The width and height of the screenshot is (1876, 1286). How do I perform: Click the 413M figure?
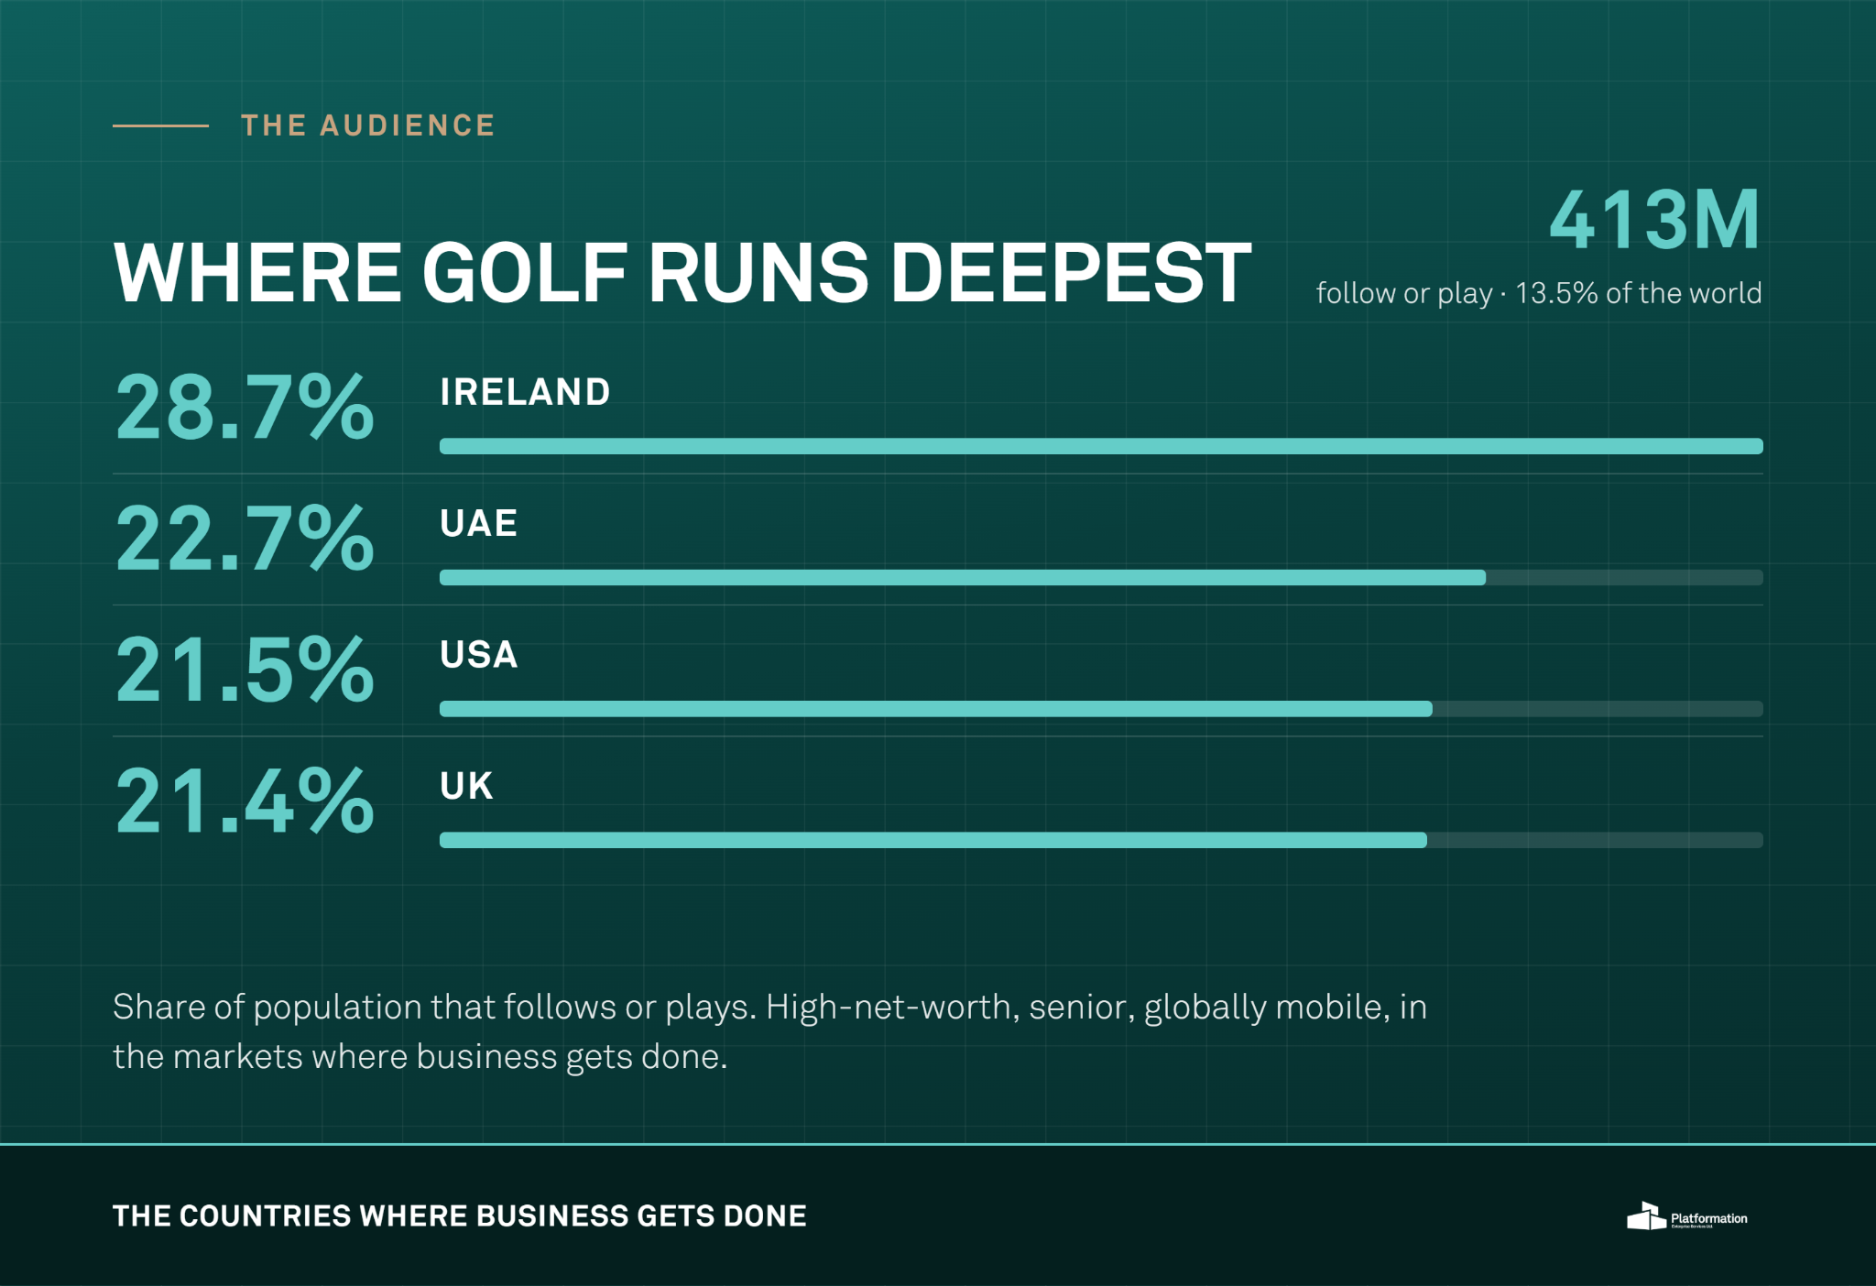tap(1654, 220)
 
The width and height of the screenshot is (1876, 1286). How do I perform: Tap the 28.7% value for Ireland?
tap(245, 408)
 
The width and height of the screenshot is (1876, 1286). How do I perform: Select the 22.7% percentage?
tap(245, 539)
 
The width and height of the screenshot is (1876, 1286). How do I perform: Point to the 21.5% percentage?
tap(245, 670)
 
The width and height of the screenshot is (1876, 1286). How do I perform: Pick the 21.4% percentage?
tap(245, 801)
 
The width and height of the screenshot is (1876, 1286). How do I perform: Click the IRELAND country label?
tap(525, 392)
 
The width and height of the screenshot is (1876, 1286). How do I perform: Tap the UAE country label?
tap(478, 523)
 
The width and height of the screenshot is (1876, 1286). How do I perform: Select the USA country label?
tap(478, 654)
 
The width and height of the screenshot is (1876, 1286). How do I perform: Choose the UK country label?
tap(466, 786)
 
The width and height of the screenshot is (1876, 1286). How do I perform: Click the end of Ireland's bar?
tap(1761, 446)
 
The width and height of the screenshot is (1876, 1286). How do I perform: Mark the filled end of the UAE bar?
tap(1484, 577)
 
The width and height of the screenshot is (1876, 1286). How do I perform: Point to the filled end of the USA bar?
tap(1430, 709)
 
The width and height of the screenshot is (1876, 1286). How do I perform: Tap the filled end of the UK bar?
tap(1424, 840)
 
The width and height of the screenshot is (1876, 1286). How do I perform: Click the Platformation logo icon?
tap(1646, 1216)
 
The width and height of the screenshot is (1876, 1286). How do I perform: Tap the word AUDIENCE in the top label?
tap(407, 125)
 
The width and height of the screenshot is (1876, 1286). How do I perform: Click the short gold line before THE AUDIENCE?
tap(160, 125)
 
